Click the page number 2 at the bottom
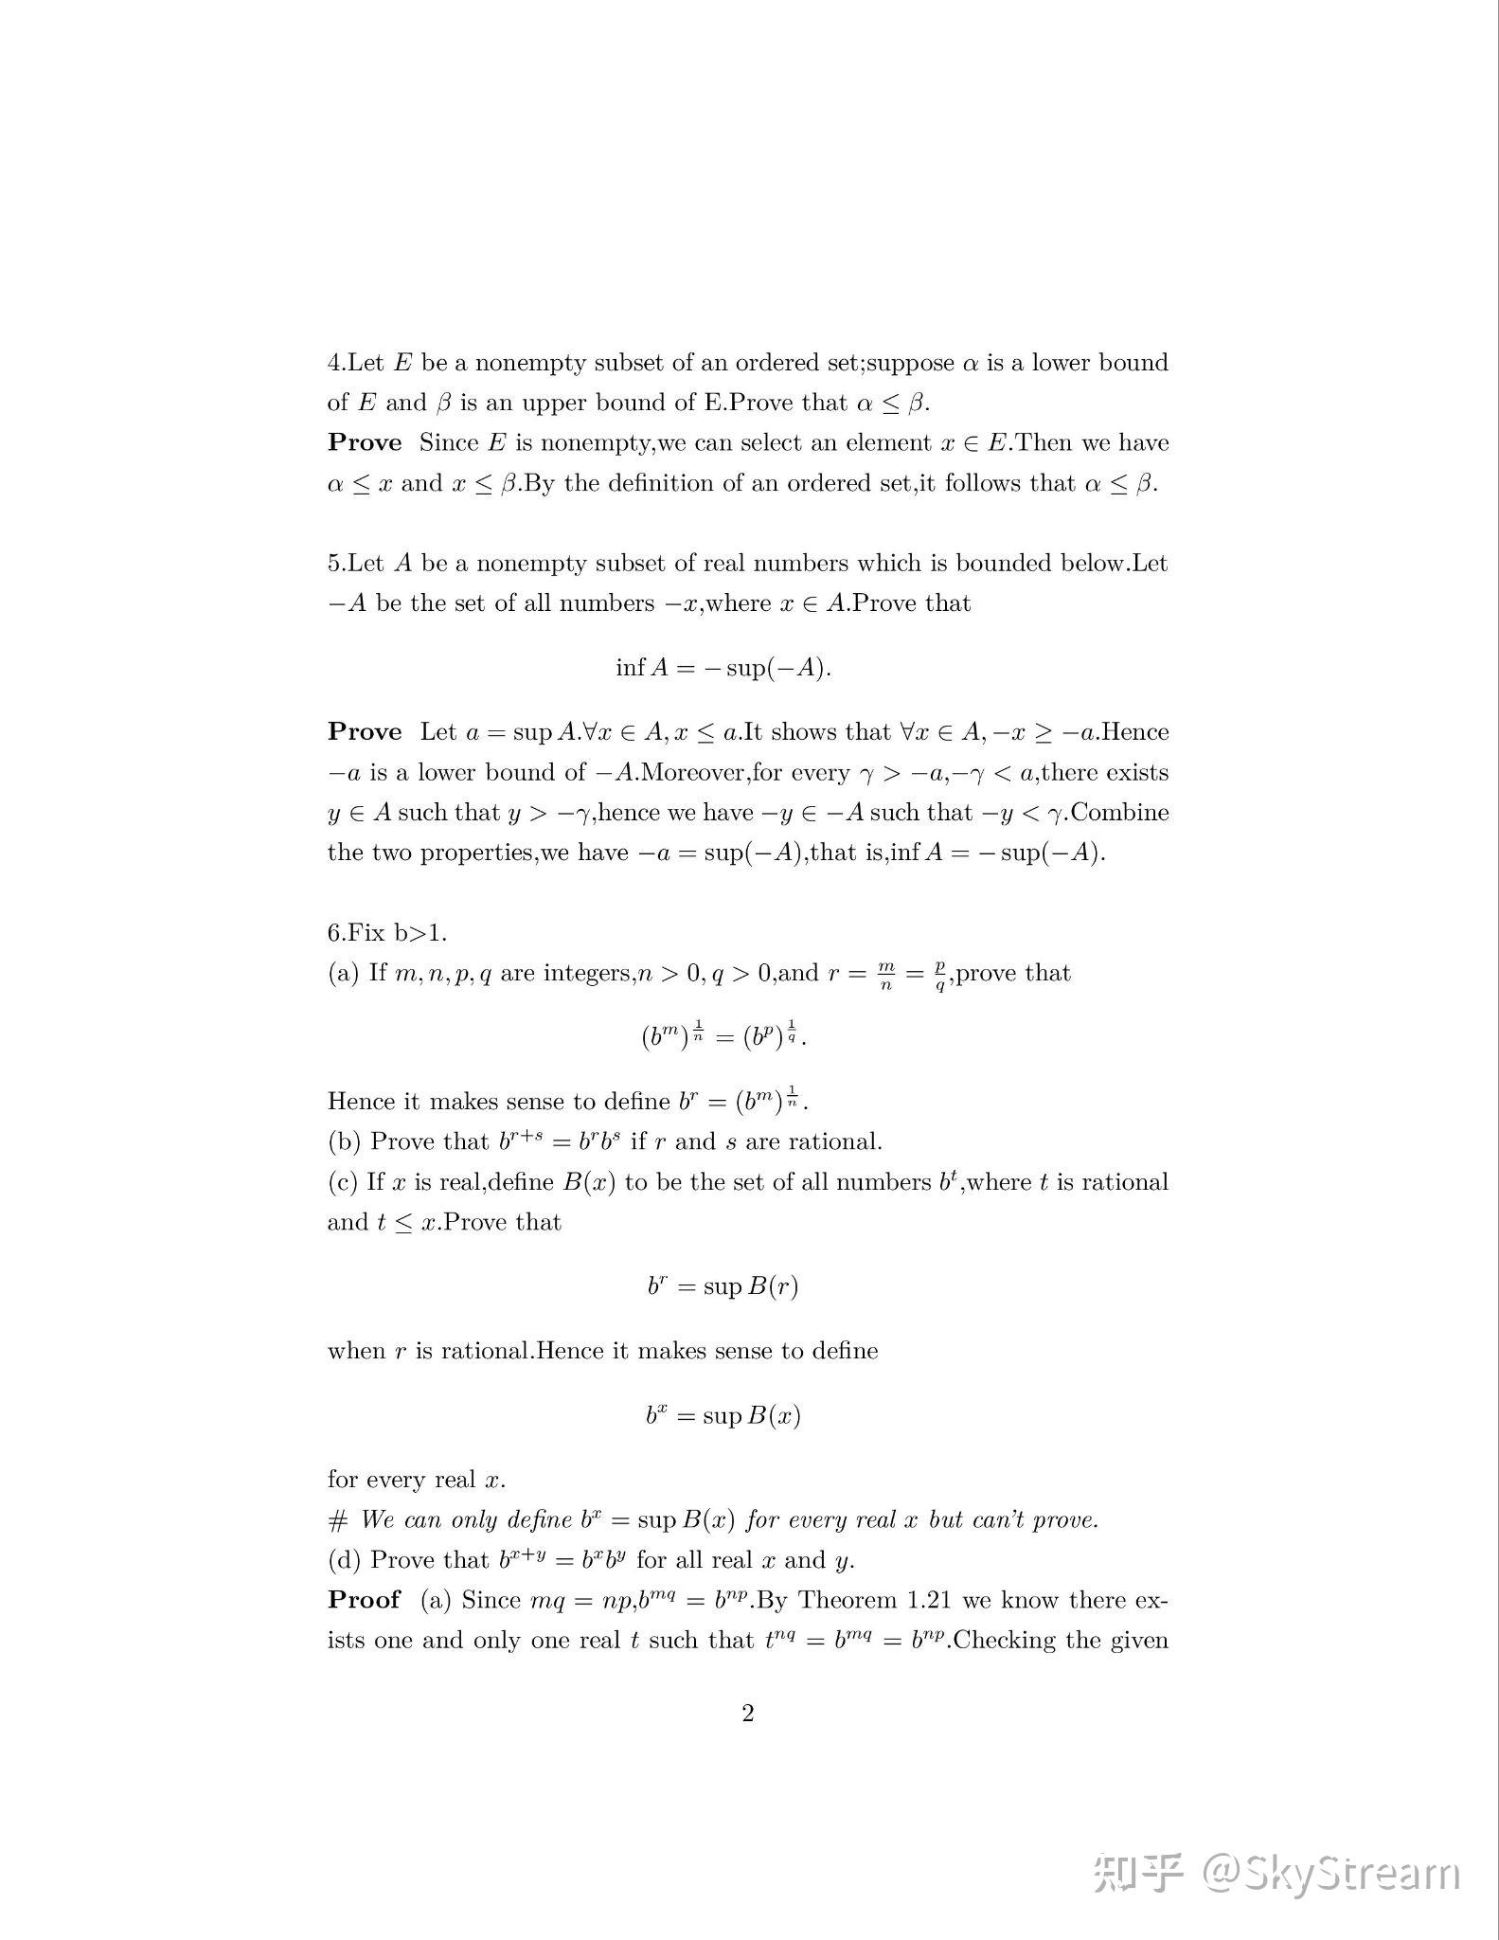[748, 1713]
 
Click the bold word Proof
[365, 1600]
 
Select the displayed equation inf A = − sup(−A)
[723, 668]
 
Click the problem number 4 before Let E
[334, 363]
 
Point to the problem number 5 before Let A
[334, 564]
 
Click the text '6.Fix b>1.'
[387, 932]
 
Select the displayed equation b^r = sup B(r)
[723, 1286]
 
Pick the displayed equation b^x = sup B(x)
[723, 1416]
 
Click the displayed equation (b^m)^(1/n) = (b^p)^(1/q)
[723, 1035]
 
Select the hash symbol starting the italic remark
[338, 1520]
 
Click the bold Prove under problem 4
[365, 443]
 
